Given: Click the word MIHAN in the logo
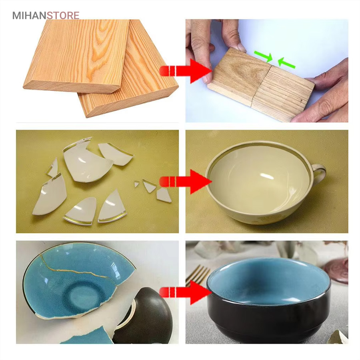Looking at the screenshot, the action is click(x=29, y=16).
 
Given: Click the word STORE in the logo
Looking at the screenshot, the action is click(x=63, y=16).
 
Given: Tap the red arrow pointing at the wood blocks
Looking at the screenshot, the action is click(x=186, y=71).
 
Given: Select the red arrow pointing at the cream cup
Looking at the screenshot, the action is click(x=186, y=182).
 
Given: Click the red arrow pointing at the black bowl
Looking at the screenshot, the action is click(x=186, y=292).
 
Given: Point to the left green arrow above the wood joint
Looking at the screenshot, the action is click(x=263, y=56).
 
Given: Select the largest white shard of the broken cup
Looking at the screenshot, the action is click(x=86, y=162).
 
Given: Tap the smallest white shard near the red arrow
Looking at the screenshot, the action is click(x=137, y=184).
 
